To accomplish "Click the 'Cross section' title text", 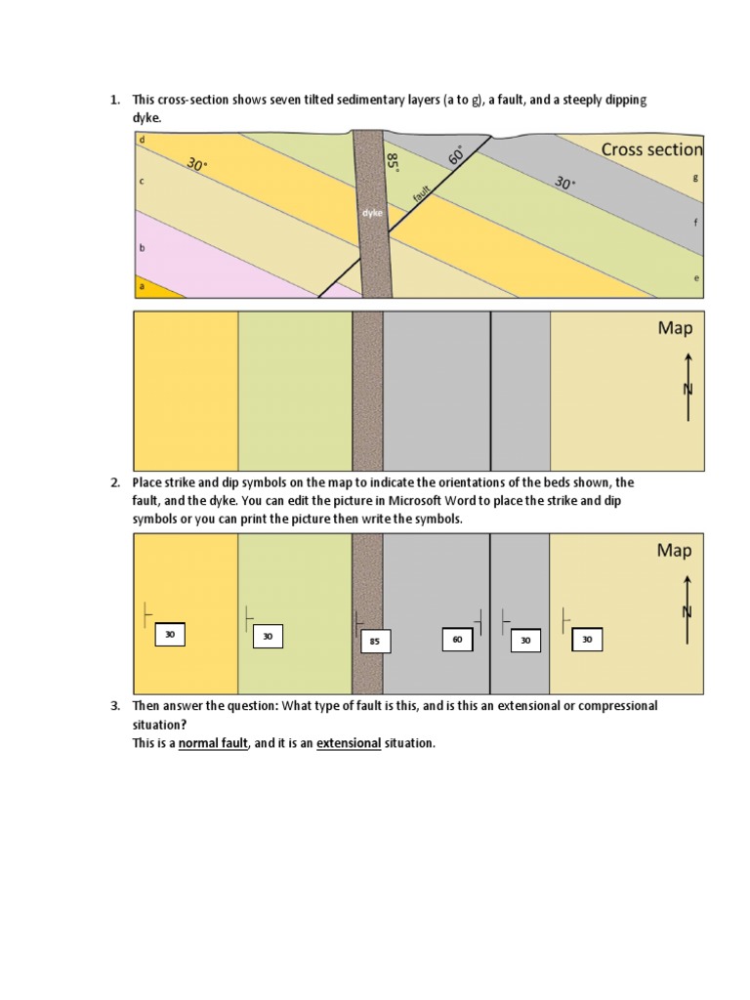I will (651, 149).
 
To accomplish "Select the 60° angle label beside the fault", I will (456, 155).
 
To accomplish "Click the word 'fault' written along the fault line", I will (421, 194).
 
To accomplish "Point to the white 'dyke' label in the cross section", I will (372, 212).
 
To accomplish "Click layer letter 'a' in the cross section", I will (143, 286).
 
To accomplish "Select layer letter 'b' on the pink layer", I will (143, 248).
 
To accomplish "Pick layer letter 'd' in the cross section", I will (143, 140).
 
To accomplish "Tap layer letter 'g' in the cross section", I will (694, 177).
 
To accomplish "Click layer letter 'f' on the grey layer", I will (694, 223).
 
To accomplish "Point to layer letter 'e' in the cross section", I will (695, 277).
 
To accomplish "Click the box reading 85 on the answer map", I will (375, 642).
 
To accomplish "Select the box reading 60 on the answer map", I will (456, 640).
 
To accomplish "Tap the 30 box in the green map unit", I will (268, 637).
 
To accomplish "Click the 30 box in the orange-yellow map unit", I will (170, 635).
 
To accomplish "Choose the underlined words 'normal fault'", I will (213, 743).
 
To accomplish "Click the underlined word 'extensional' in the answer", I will (349, 743).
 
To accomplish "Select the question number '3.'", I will (114, 705).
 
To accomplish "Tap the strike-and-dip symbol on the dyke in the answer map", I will (359, 618).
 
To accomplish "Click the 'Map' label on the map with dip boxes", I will (674, 551).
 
